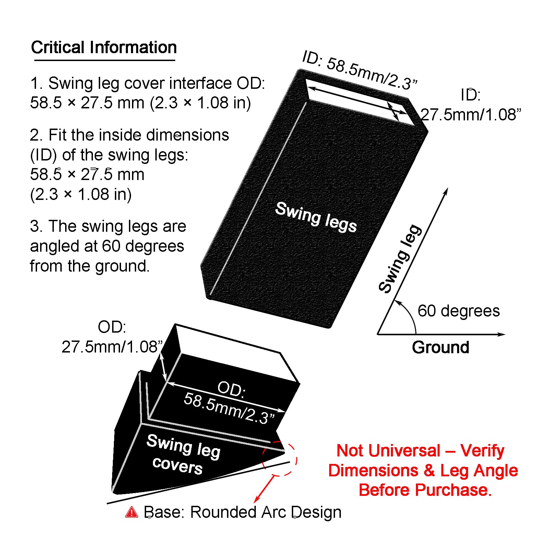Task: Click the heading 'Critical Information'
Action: pyautogui.click(x=104, y=47)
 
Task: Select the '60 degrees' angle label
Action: pyautogui.click(x=458, y=311)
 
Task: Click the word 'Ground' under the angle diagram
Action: pyautogui.click(x=441, y=347)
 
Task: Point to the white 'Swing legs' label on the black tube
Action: pyautogui.click(x=316, y=217)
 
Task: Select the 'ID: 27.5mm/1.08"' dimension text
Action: pyautogui.click(x=470, y=105)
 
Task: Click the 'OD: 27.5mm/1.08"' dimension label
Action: pyautogui.click(x=112, y=337)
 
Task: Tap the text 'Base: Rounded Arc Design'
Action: pyautogui.click(x=242, y=512)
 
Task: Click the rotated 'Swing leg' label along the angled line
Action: pyautogui.click(x=400, y=259)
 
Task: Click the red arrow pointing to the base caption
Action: pyautogui.click(x=265, y=489)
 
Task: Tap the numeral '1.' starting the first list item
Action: pyautogui.click(x=36, y=83)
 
